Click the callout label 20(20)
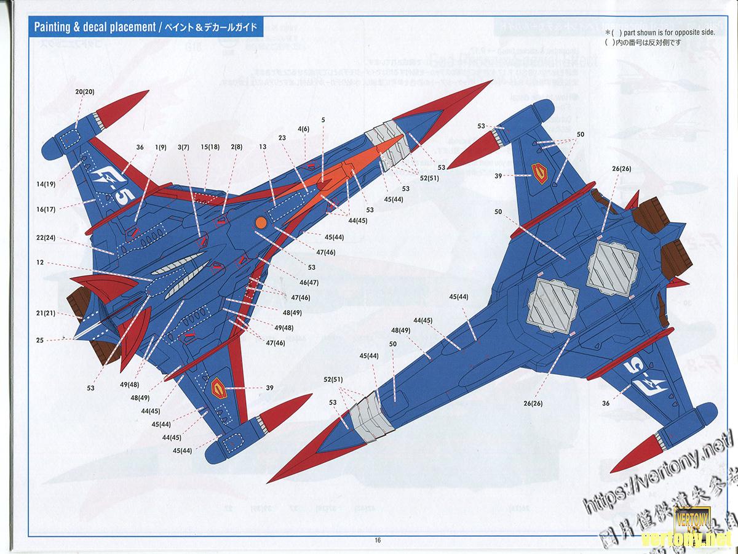(x=85, y=92)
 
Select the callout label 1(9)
(x=161, y=147)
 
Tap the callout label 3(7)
(x=183, y=147)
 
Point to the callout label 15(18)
(x=210, y=147)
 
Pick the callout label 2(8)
(x=236, y=147)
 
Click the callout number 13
(x=263, y=147)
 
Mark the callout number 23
(x=282, y=138)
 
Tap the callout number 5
(x=323, y=119)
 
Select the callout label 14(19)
(x=46, y=183)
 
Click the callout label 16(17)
(x=46, y=209)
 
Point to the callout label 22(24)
(x=46, y=238)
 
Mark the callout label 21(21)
(x=46, y=313)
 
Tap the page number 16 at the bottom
(x=377, y=540)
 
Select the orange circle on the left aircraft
(x=260, y=223)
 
